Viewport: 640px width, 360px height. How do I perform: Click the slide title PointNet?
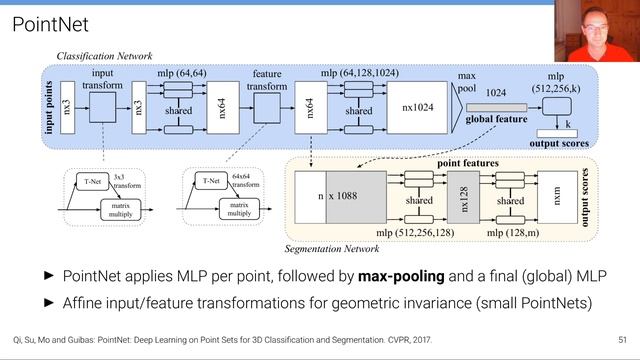(x=50, y=24)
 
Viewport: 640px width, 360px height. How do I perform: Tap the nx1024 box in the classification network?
(x=417, y=108)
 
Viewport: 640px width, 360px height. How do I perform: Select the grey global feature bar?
(x=496, y=108)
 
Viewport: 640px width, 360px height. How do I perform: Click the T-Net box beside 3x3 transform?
(x=93, y=182)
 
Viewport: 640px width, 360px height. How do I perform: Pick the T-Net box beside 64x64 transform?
(x=211, y=181)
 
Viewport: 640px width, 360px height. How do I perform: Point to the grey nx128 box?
(x=463, y=198)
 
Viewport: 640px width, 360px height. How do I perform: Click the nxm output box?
(x=558, y=198)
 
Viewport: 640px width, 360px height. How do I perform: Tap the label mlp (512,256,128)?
(x=415, y=233)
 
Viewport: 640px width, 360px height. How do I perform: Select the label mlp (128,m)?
(x=513, y=233)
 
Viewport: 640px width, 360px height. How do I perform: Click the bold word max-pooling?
(x=401, y=276)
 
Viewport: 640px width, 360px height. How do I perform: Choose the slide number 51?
(x=622, y=340)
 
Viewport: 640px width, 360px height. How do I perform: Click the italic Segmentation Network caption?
(x=332, y=249)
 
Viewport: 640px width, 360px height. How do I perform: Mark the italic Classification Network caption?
(x=104, y=56)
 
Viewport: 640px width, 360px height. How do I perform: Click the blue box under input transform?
(x=102, y=107)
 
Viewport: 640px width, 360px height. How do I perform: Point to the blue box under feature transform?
(x=267, y=108)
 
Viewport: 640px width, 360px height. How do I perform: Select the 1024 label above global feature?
(x=496, y=93)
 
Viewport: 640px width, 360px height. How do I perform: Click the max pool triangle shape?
(x=456, y=108)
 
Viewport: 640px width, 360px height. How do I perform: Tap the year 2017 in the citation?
(x=422, y=340)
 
